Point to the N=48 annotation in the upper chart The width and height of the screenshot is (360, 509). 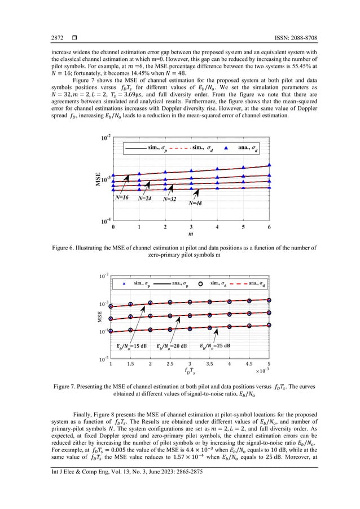click(195, 203)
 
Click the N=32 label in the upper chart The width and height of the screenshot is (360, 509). click(170, 199)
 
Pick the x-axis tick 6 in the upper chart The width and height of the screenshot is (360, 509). click(269, 227)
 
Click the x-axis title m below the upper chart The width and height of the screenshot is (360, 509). click(191, 233)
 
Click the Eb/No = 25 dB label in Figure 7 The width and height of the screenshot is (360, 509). click(215, 345)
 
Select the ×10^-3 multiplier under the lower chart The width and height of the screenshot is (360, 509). click(264, 371)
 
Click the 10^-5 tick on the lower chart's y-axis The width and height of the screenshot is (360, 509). click(102, 358)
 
